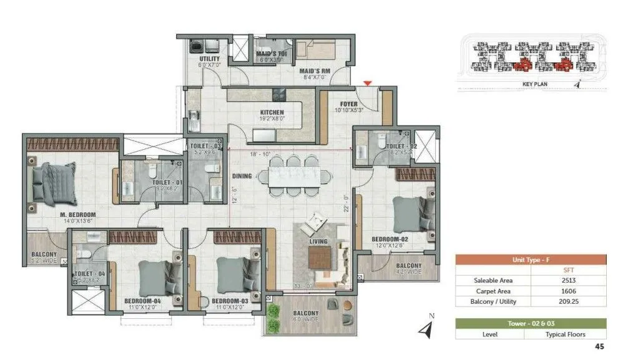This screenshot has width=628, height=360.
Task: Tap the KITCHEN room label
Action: tap(272, 113)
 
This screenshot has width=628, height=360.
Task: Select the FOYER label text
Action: tap(348, 104)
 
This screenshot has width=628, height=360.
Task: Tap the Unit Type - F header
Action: tap(530, 260)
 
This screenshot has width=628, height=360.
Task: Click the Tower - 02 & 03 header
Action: tap(530, 324)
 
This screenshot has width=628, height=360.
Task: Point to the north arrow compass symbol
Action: tap(426, 329)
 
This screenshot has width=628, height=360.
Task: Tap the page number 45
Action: tap(599, 346)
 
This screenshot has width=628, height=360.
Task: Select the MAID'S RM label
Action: tap(315, 71)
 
